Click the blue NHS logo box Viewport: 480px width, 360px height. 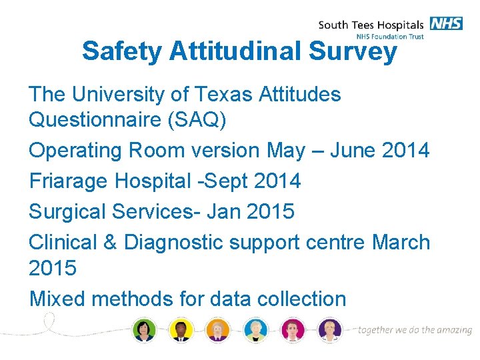(x=446, y=23)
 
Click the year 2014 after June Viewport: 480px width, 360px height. (x=406, y=150)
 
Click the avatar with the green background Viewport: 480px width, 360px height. (x=144, y=329)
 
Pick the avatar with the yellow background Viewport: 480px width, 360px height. (x=181, y=329)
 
